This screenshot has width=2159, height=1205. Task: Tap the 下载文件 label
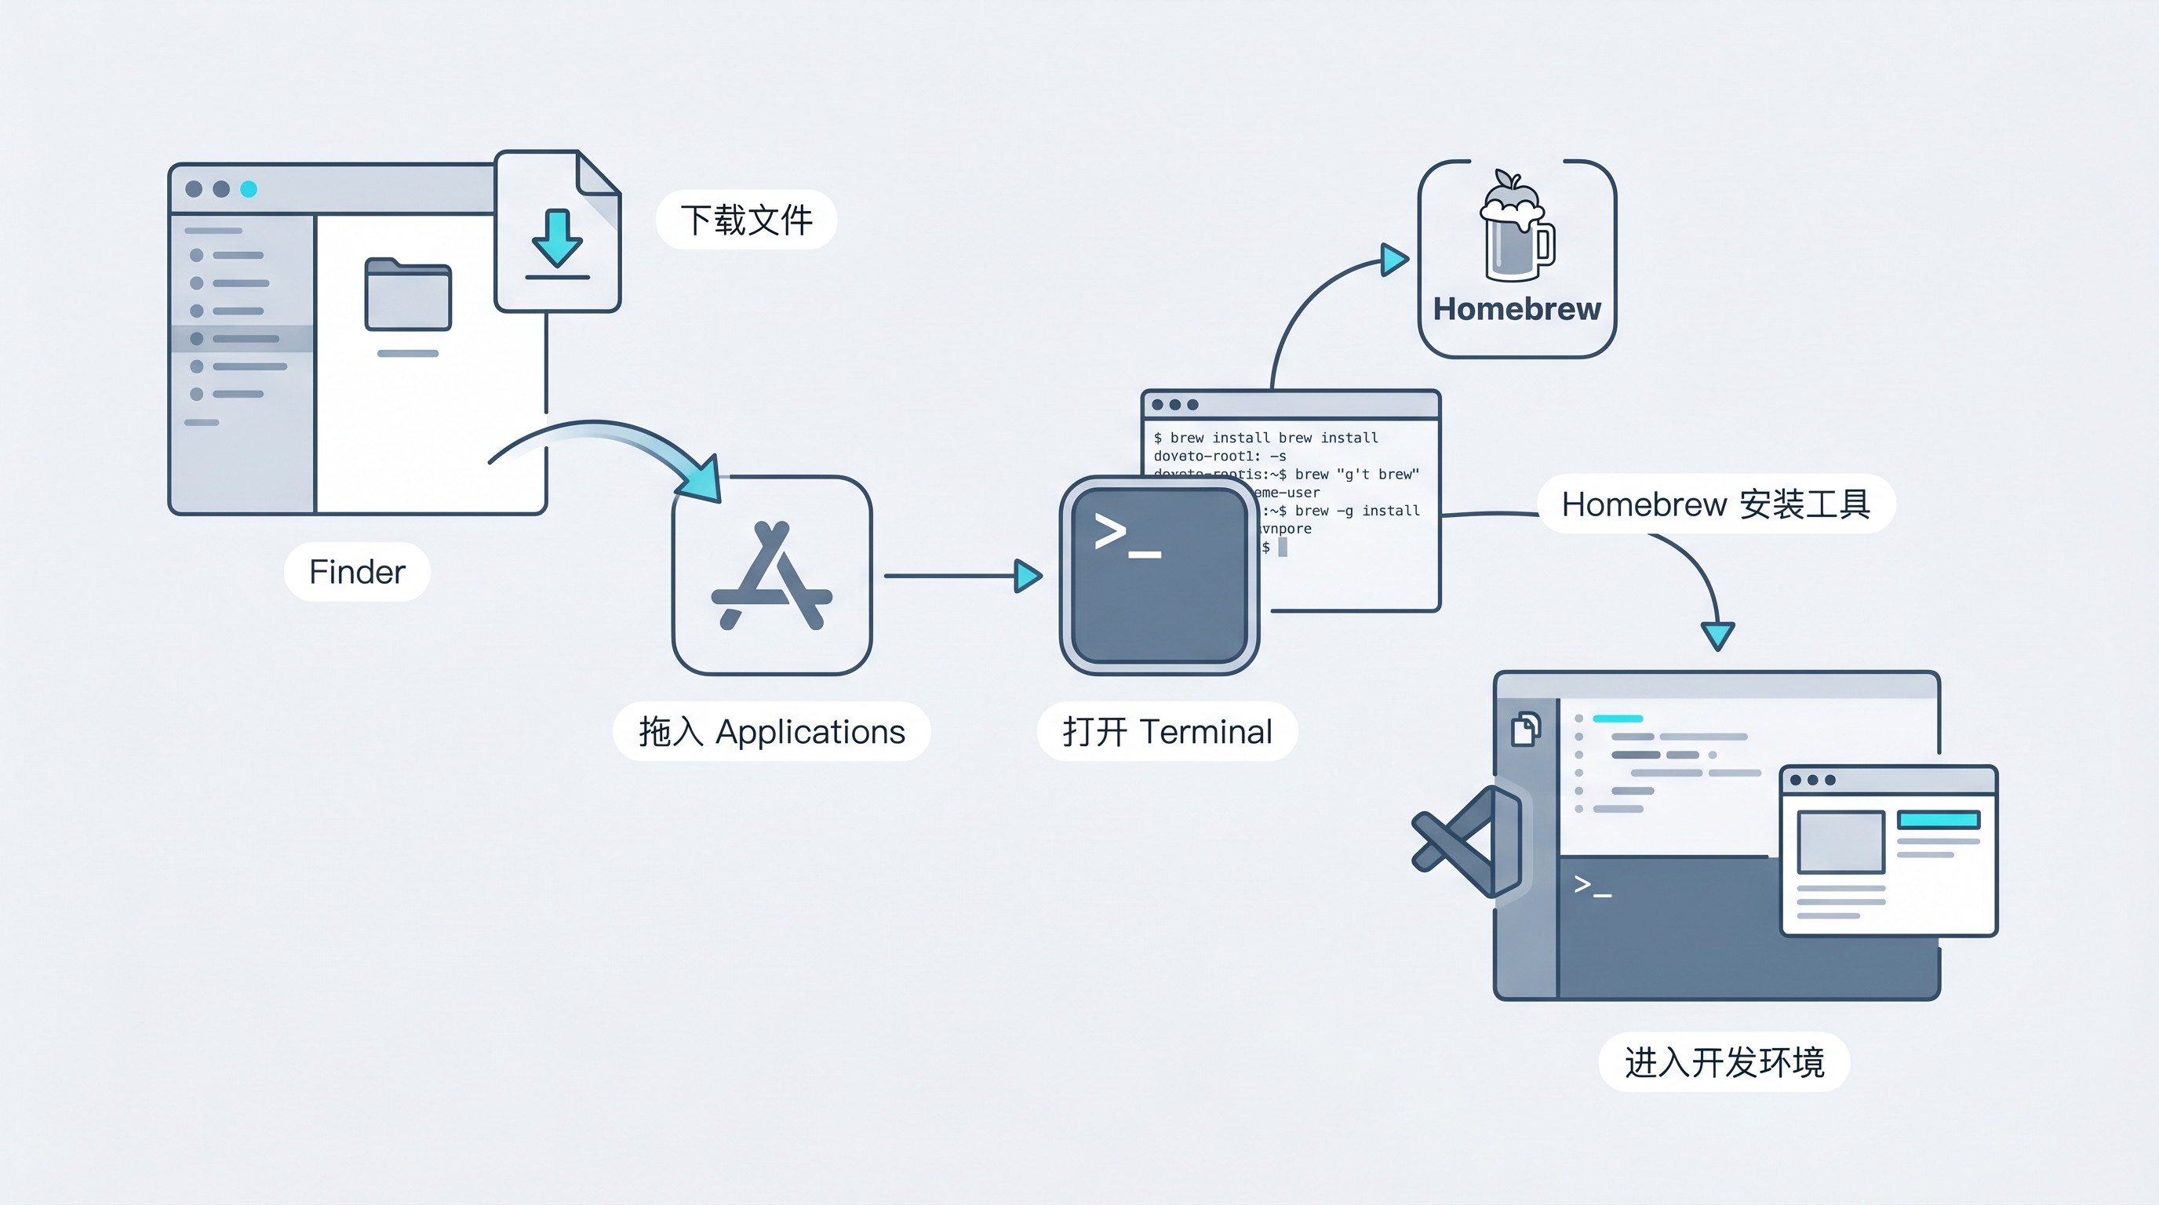[746, 220]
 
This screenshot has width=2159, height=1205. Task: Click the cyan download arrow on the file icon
[556, 238]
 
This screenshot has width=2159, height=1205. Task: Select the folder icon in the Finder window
[408, 294]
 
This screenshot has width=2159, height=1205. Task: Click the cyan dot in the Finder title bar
[249, 189]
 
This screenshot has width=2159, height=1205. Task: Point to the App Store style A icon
[772, 577]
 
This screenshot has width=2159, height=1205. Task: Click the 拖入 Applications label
[771, 731]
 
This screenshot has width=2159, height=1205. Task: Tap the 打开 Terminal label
[1167, 731]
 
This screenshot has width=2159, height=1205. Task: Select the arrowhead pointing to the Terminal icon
[1028, 576]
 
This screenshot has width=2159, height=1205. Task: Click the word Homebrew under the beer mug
[1516, 309]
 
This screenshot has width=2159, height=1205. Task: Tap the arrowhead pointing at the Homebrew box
[1394, 260]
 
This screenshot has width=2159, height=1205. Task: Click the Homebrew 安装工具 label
[1716, 504]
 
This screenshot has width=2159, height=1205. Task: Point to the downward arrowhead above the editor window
[1717, 635]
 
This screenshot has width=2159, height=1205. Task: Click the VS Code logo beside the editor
[1467, 841]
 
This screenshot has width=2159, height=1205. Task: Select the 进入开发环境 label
[1724, 1062]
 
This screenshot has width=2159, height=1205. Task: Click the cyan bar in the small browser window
[1938, 820]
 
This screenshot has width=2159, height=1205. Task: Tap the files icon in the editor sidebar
[1525, 729]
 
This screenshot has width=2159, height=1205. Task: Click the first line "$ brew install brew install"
[1265, 439]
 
